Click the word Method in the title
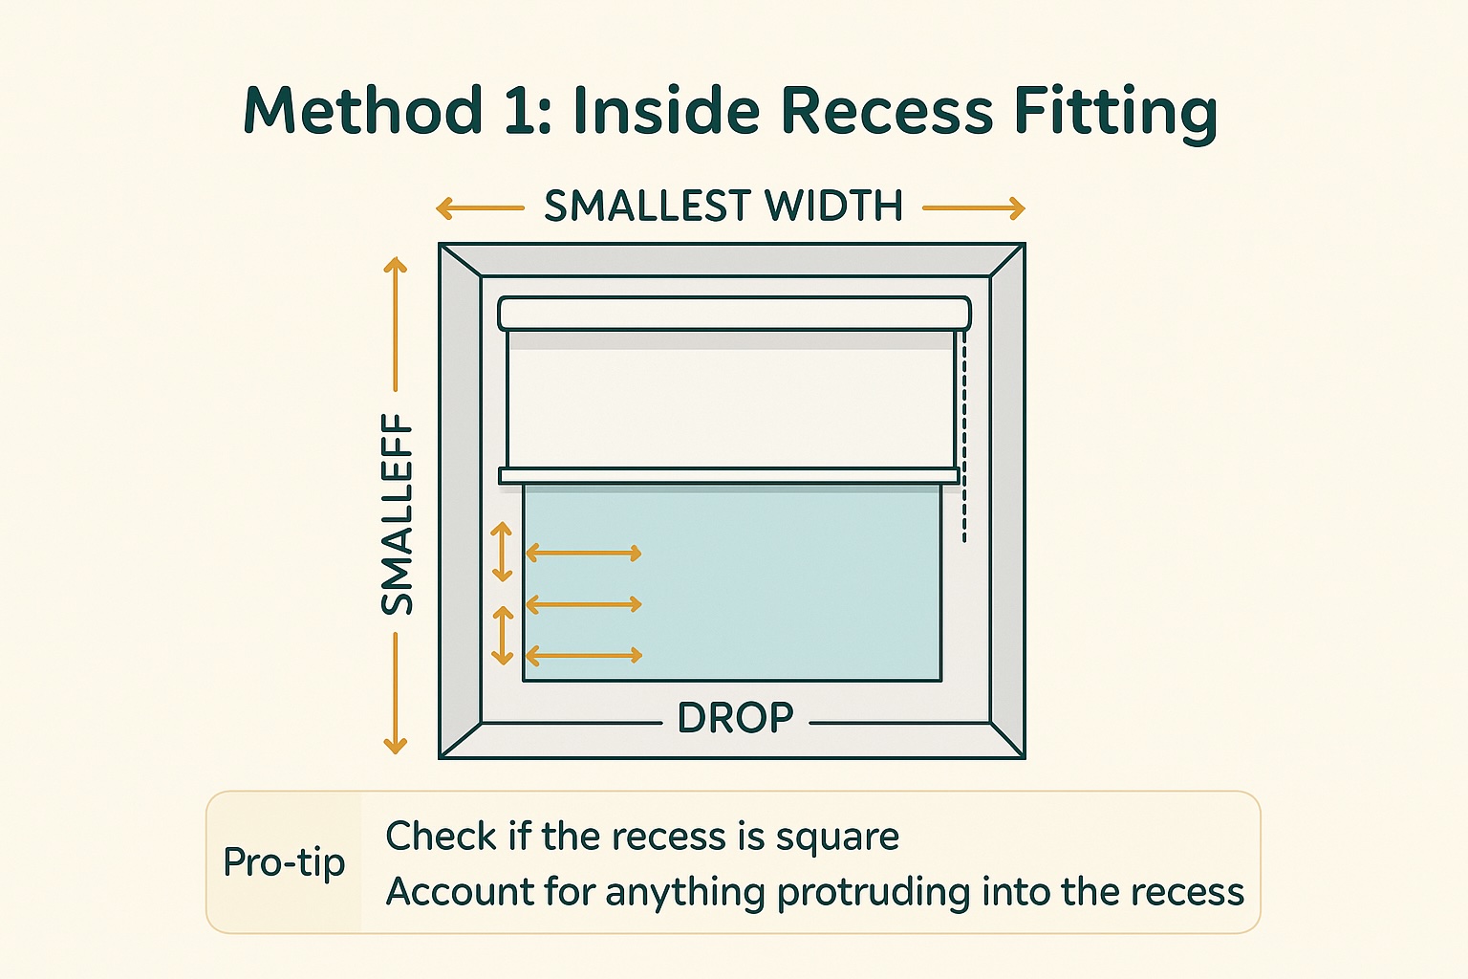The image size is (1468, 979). pos(363,110)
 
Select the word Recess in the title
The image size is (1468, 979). pos(887,110)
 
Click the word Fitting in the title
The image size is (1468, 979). pos(1115,112)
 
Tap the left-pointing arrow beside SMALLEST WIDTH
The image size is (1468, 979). pos(480,208)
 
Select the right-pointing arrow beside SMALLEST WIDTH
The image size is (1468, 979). pos(974,208)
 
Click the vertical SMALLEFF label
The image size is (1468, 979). pos(398,514)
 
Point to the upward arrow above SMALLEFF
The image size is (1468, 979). pos(395,324)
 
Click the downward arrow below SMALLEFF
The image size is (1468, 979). pos(395,694)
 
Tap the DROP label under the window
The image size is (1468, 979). pos(735,717)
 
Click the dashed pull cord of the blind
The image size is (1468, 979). pos(964,437)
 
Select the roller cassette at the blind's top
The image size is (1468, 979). pos(735,314)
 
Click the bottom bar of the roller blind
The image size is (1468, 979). pos(729,476)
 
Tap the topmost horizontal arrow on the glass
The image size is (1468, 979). pos(583,554)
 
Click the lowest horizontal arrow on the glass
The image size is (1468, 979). pos(583,655)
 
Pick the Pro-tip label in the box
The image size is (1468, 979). pos(284,862)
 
